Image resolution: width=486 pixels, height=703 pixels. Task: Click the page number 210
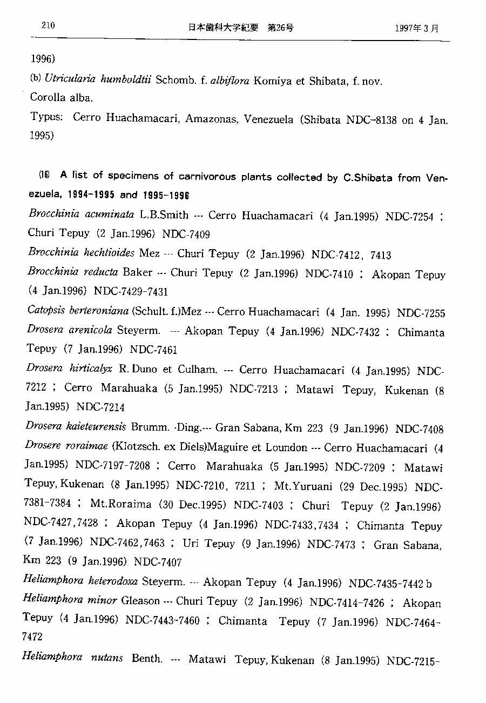tap(48, 25)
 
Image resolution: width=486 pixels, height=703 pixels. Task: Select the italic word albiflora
tap(229, 81)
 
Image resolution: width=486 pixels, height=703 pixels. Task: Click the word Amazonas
tap(211, 119)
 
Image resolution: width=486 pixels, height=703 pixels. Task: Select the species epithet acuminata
tap(110, 215)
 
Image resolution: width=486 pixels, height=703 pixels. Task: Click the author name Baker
tap(137, 272)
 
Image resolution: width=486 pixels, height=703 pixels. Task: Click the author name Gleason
tap(140, 601)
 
